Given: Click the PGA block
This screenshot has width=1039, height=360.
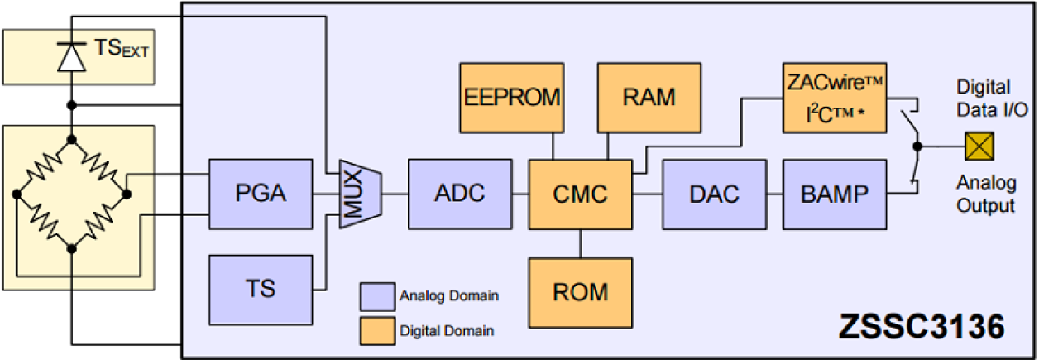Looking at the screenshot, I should [260, 194].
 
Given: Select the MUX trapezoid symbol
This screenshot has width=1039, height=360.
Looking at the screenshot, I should [354, 194].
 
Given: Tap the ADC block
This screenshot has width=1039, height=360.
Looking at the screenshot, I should [459, 194].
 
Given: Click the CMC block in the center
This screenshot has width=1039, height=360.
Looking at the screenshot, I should [580, 194].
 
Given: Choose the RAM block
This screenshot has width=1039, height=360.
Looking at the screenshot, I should [649, 98].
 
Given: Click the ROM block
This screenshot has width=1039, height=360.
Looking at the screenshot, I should [580, 291].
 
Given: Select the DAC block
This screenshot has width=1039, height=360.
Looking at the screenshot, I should [713, 194].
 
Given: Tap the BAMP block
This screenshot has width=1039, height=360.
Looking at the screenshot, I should [834, 194].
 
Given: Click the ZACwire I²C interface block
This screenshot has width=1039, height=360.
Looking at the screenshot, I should [834, 98].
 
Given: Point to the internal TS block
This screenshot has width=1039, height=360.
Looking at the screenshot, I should [260, 290].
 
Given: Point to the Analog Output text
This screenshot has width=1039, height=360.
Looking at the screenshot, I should [985, 193].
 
